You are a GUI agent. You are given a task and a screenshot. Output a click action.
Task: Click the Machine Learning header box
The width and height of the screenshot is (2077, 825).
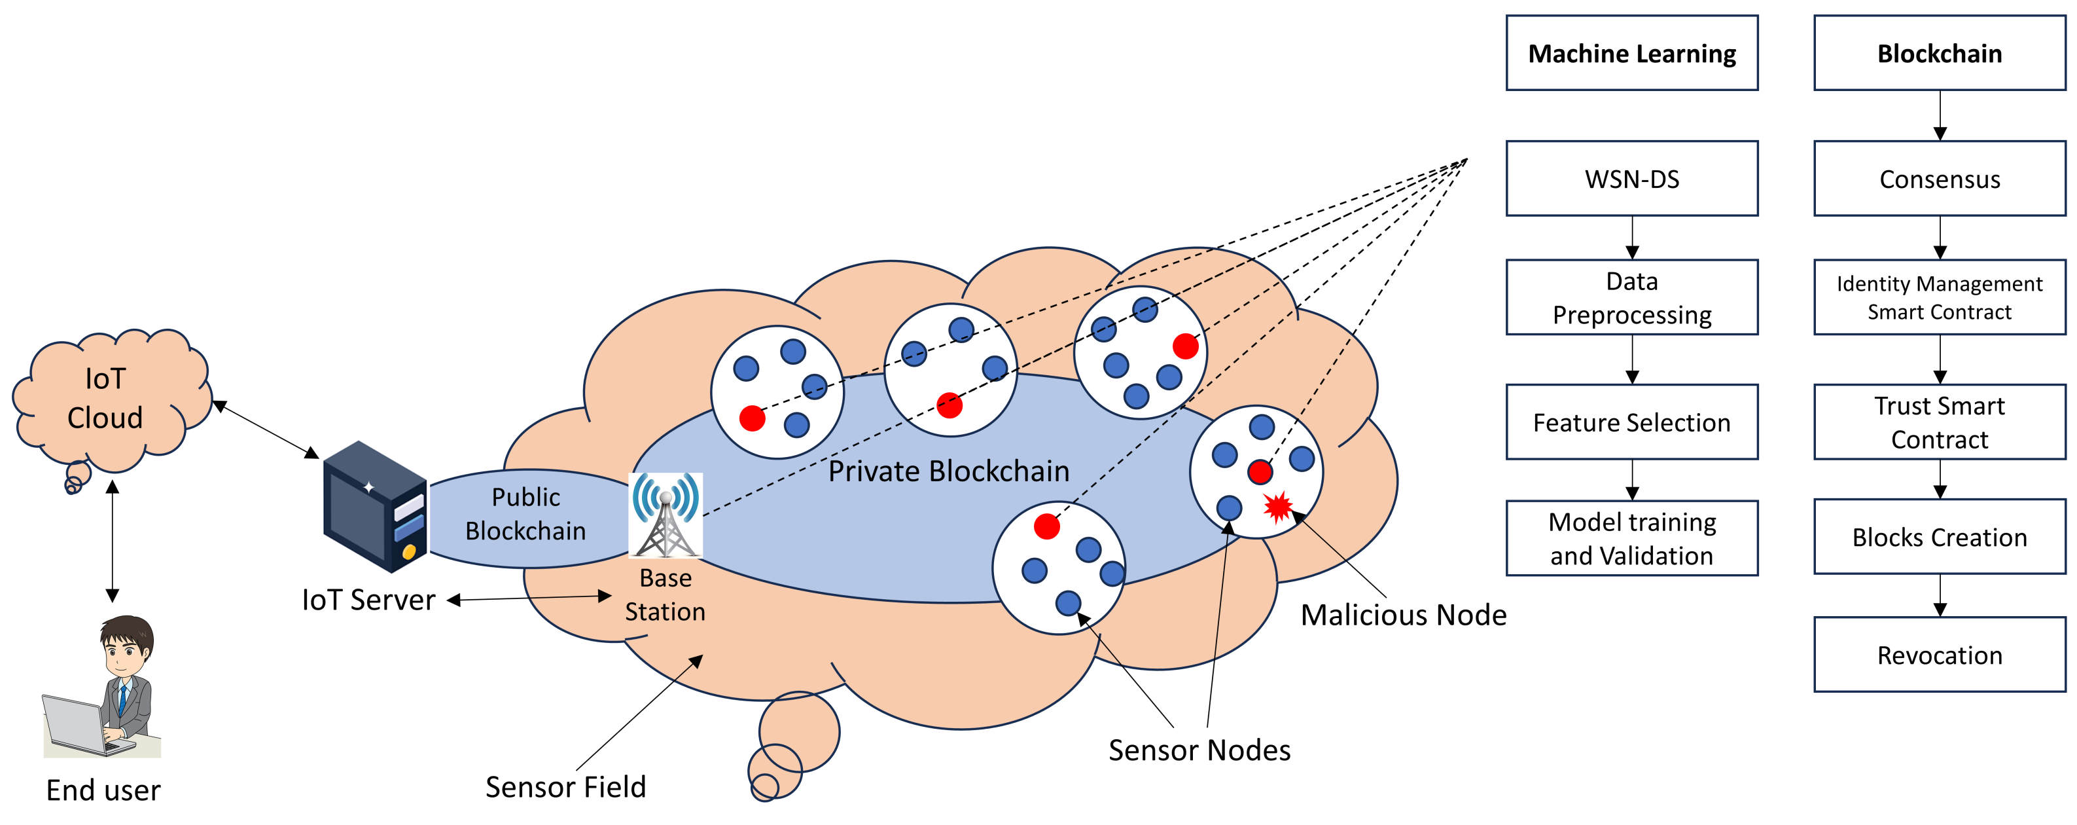click(x=1631, y=53)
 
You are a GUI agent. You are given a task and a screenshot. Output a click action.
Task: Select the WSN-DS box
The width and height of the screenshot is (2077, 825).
click(x=1631, y=178)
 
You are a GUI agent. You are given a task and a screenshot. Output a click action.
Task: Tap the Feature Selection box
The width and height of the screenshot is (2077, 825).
click(x=1631, y=422)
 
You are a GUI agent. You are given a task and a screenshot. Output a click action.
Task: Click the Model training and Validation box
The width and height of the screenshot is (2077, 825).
click(x=1631, y=538)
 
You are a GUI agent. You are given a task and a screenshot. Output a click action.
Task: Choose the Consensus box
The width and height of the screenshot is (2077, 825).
click(x=1939, y=178)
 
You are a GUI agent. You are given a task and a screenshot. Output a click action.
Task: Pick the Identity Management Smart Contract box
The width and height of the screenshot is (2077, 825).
click(x=1939, y=297)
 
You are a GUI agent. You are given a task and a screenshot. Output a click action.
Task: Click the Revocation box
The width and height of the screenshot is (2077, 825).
click(x=1939, y=654)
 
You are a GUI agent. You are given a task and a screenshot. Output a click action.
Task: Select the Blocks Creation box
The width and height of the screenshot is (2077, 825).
click(x=1939, y=536)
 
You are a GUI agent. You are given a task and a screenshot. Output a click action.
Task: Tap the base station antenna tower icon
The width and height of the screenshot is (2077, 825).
click(x=666, y=516)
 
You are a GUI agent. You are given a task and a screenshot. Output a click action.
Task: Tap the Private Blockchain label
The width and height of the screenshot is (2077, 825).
click(x=948, y=471)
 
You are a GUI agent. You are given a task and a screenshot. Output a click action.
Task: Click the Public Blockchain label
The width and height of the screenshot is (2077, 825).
click(x=525, y=514)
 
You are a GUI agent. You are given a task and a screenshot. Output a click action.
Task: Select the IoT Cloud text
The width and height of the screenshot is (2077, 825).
click(x=105, y=397)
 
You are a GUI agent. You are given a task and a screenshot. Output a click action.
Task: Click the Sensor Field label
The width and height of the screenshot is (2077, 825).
click(x=565, y=786)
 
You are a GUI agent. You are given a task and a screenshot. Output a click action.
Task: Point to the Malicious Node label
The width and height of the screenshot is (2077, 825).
click(x=1403, y=615)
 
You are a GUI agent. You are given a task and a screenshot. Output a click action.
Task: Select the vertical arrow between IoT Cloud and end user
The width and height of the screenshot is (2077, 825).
click(x=113, y=540)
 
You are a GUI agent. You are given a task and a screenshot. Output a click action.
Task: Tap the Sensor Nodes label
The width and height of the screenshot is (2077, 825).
click(x=1199, y=750)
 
